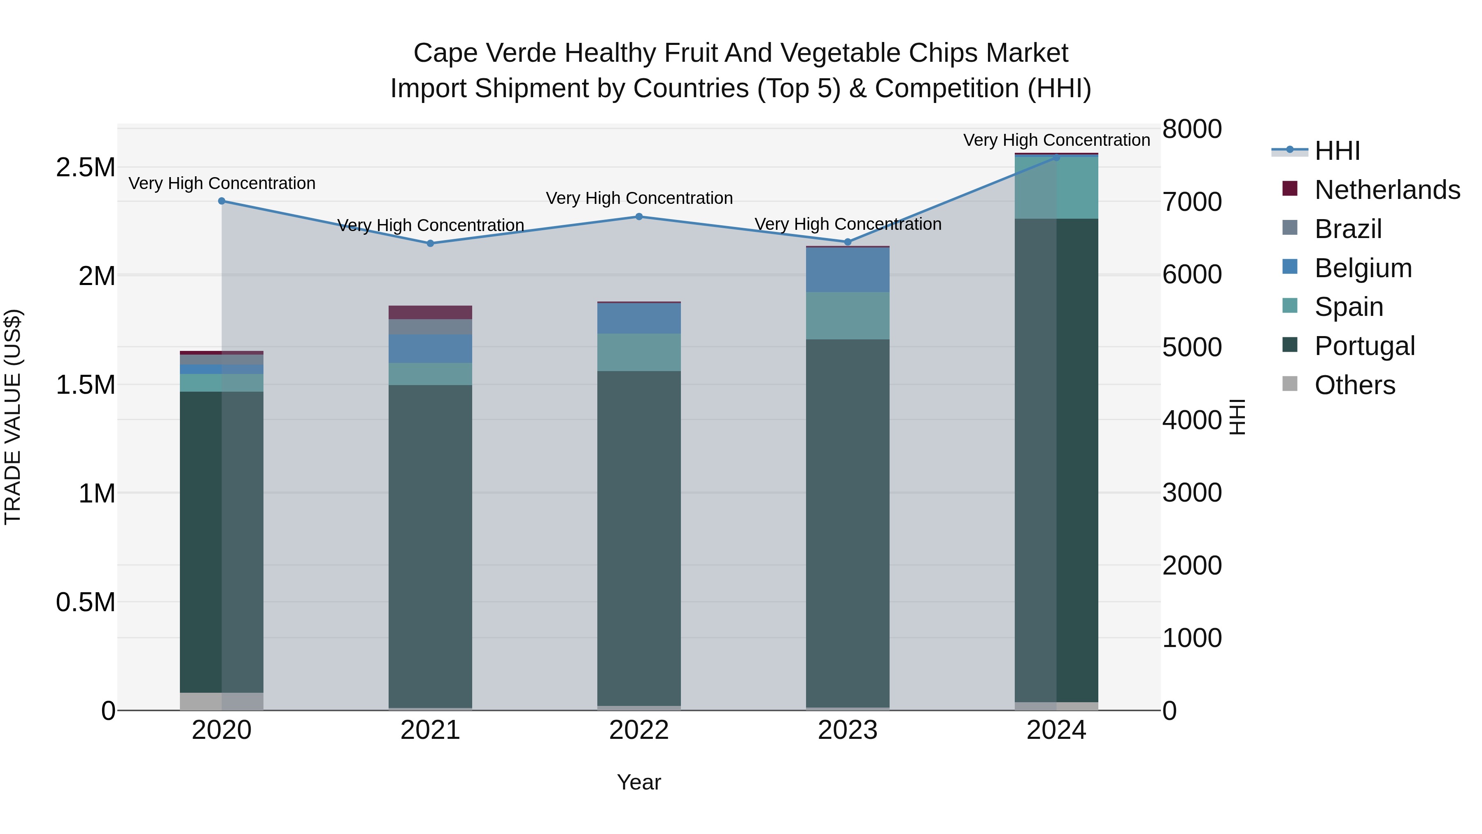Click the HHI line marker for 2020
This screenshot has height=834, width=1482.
pyautogui.click(x=221, y=201)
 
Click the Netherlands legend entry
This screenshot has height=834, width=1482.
pyautogui.click(x=1386, y=190)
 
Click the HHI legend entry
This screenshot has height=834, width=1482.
pyautogui.click(x=1336, y=151)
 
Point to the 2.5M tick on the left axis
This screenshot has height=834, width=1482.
pyautogui.click(x=85, y=168)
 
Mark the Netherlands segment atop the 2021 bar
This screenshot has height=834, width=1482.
pyautogui.click(x=430, y=312)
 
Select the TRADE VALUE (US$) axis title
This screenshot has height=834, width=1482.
pyautogui.click(x=13, y=417)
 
